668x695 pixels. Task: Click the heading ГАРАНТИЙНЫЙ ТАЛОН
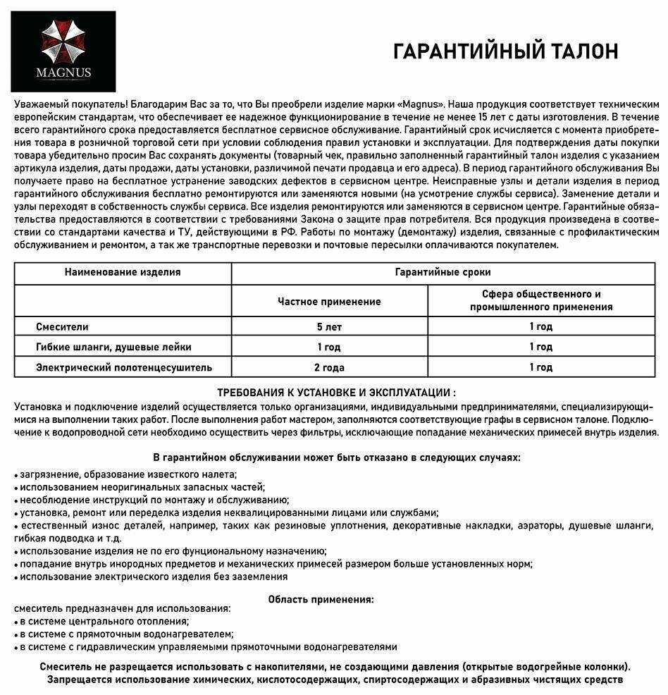(x=505, y=52)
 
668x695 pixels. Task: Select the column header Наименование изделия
(x=123, y=272)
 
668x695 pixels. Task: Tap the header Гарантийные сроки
(x=443, y=272)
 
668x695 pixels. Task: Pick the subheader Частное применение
(x=329, y=302)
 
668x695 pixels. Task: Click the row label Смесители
(x=63, y=327)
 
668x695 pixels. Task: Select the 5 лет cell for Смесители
(x=329, y=327)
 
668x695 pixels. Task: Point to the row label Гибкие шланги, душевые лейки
(x=113, y=347)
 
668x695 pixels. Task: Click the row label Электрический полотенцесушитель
(x=124, y=367)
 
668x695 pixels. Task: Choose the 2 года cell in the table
(x=329, y=367)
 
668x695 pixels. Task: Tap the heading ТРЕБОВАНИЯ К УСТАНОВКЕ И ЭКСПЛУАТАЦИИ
(x=336, y=393)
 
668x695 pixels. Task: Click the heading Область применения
(x=321, y=599)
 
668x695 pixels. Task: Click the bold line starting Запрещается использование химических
(x=335, y=679)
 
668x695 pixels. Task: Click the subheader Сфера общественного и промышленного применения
(x=541, y=300)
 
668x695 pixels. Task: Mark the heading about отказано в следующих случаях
(x=336, y=457)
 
